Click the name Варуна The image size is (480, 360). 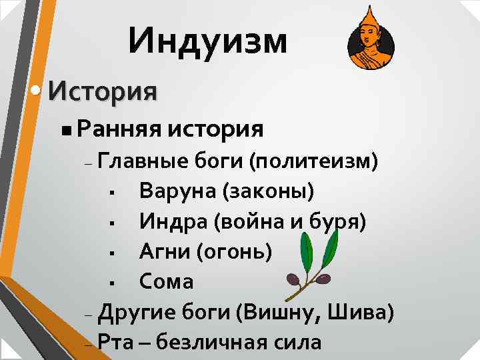177,191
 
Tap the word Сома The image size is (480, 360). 166,281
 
